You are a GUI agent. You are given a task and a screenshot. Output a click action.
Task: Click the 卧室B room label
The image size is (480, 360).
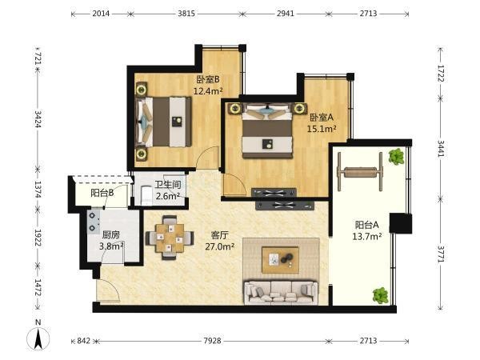point(208,79)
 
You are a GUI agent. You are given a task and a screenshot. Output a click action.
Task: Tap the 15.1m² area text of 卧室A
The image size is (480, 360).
point(322,129)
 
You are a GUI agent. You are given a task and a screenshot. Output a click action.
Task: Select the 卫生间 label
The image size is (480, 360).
point(167,185)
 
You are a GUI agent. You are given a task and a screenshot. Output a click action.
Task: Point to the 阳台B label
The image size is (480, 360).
point(102,193)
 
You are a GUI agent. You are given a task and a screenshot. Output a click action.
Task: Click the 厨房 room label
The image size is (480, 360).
point(111,234)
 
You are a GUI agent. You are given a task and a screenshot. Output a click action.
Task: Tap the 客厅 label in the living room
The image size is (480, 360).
point(220,235)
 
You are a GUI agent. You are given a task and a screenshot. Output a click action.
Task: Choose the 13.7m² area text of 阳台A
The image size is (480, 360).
point(366,236)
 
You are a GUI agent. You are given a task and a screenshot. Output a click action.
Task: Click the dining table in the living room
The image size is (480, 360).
point(170,238)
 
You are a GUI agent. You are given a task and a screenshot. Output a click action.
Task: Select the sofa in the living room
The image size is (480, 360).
point(281,292)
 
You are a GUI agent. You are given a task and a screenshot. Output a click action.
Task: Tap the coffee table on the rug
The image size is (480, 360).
point(280,259)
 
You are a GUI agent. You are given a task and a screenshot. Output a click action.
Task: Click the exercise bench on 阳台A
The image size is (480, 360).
point(360,172)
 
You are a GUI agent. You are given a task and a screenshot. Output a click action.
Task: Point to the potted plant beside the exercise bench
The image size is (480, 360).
point(396,157)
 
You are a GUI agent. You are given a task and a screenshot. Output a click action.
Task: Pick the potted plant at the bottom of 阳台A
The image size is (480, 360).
point(381,296)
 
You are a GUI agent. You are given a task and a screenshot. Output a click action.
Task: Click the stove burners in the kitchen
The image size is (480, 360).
point(93,222)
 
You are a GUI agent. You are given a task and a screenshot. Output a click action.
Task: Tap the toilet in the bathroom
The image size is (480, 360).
point(146,196)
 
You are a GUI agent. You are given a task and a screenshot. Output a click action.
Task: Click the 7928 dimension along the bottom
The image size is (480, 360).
point(212,341)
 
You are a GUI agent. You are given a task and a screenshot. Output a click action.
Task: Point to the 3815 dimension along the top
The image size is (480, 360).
point(186,14)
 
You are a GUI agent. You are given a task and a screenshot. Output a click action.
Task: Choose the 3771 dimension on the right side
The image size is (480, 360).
point(440,254)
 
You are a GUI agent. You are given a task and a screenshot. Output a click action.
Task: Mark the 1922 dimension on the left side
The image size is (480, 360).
point(38,238)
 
